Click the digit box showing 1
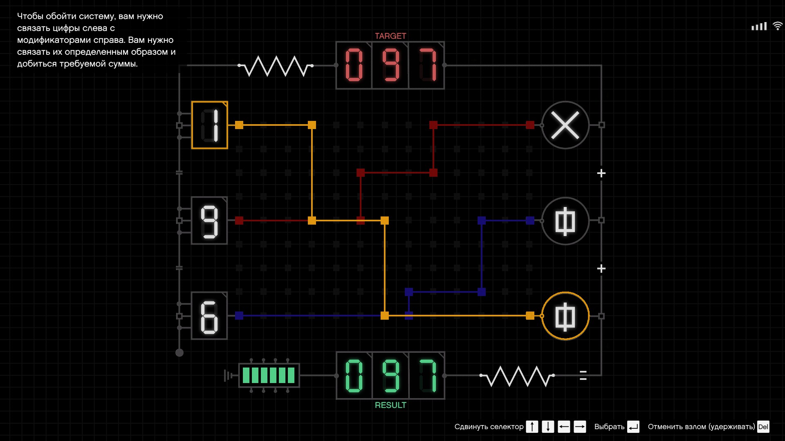coord(209,125)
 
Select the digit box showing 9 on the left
coord(209,220)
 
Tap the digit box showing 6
coord(209,316)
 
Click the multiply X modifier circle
coord(565,125)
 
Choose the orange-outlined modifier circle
coord(565,316)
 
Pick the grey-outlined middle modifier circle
coord(565,220)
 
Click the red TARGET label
coord(390,36)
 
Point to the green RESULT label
coord(390,405)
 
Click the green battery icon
coord(269,375)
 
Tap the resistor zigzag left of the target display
coord(276,66)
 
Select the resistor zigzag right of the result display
coord(517,376)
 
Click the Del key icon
coord(763,427)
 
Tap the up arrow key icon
coord(532,427)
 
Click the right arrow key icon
coord(580,427)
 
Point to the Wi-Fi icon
coord(777,26)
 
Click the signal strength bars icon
coord(759,27)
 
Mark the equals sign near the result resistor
coord(583,375)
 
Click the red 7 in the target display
coord(426,65)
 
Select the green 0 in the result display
coord(354,376)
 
